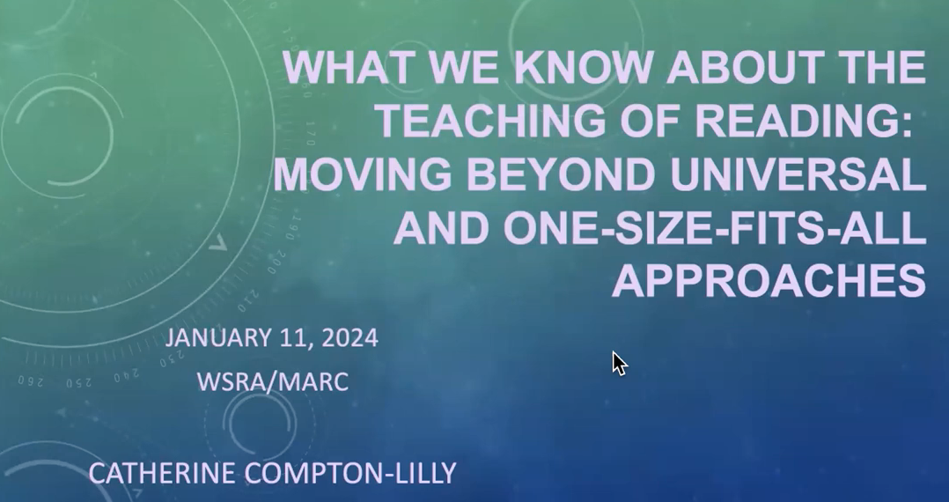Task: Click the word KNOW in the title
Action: [x=582, y=67]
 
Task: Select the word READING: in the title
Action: [x=803, y=120]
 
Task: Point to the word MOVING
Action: [x=362, y=174]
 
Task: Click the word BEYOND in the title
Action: [x=561, y=174]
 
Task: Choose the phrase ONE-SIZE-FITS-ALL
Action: [x=715, y=228]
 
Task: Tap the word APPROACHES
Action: [x=769, y=281]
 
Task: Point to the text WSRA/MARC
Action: [x=272, y=382]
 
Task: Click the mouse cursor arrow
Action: [x=619, y=364]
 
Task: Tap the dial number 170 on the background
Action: [x=311, y=133]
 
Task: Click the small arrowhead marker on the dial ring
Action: [x=218, y=243]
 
